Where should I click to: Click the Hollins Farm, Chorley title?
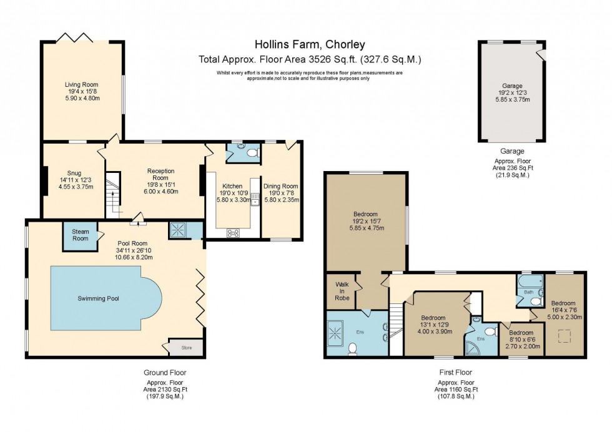point(310,44)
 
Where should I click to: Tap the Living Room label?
point(82,84)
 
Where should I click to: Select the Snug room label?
point(74,174)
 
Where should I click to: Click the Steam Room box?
point(80,235)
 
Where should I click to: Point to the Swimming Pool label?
point(98,298)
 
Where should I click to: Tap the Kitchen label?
point(232,186)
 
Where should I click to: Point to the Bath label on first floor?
point(528,292)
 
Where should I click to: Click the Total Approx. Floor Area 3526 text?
point(310,60)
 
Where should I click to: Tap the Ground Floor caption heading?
point(165,373)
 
